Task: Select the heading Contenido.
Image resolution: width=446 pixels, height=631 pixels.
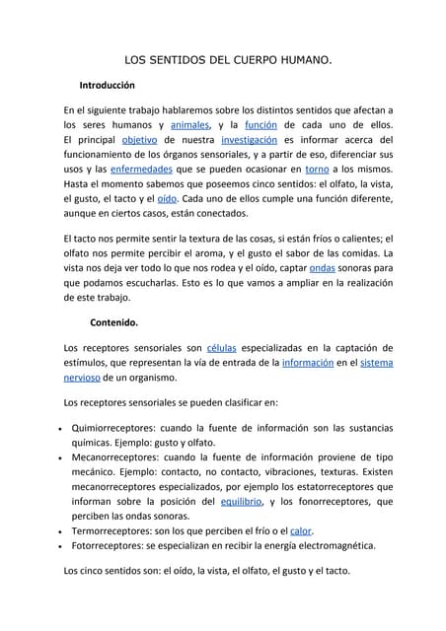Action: [x=114, y=321]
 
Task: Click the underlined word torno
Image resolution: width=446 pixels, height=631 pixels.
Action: [x=318, y=170]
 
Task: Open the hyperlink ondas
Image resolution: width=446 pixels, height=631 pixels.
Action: [x=323, y=268]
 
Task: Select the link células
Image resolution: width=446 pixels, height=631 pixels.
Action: [x=228, y=348]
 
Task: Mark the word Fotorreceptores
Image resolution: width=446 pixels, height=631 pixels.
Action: [x=110, y=544]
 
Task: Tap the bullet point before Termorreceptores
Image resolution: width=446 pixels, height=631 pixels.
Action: [x=63, y=530]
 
